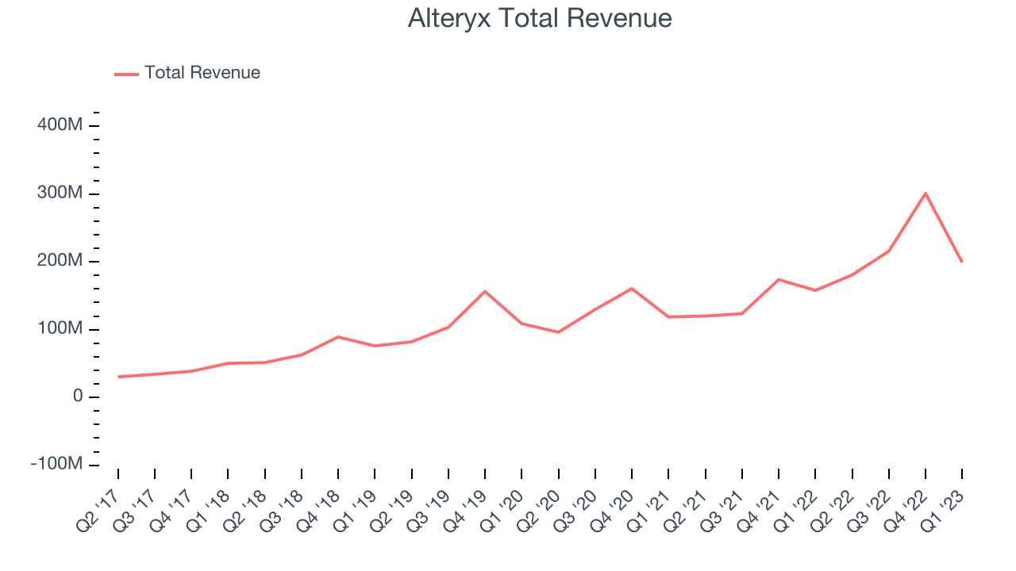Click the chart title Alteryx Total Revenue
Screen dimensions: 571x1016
(540, 18)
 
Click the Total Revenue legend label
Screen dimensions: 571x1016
(202, 73)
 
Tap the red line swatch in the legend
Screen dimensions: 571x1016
(126, 74)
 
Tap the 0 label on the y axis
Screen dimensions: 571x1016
(77, 397)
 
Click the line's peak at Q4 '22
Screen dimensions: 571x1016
(926, 193)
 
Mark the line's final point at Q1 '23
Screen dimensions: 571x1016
(962, 262)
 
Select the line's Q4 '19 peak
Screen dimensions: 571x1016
(485, 291)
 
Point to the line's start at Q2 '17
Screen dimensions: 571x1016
(118, 377)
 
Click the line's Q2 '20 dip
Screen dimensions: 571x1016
(558, 332)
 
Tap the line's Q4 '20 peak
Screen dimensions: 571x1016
(632, 288)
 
